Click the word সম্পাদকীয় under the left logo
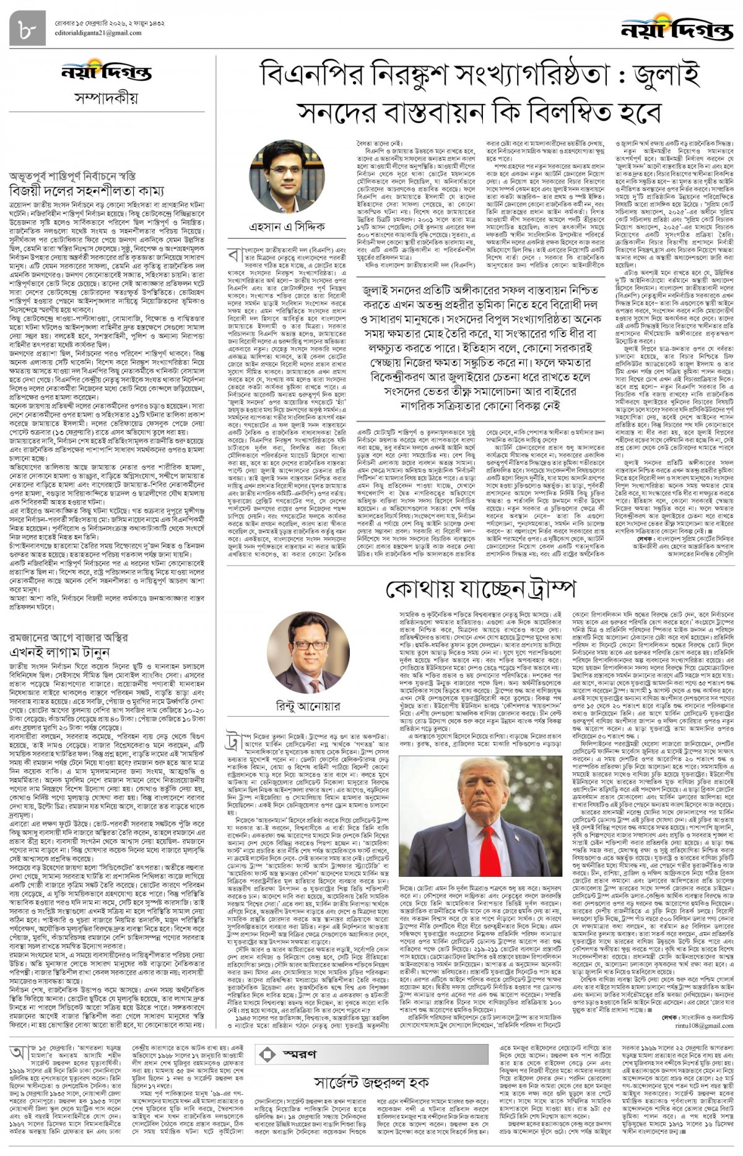pos(106,98)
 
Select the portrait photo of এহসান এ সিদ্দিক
pos(287,178)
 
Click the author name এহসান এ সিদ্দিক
pos(287,227)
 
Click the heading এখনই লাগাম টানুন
pos(59,652)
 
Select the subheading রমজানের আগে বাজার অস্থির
pos(68,637)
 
